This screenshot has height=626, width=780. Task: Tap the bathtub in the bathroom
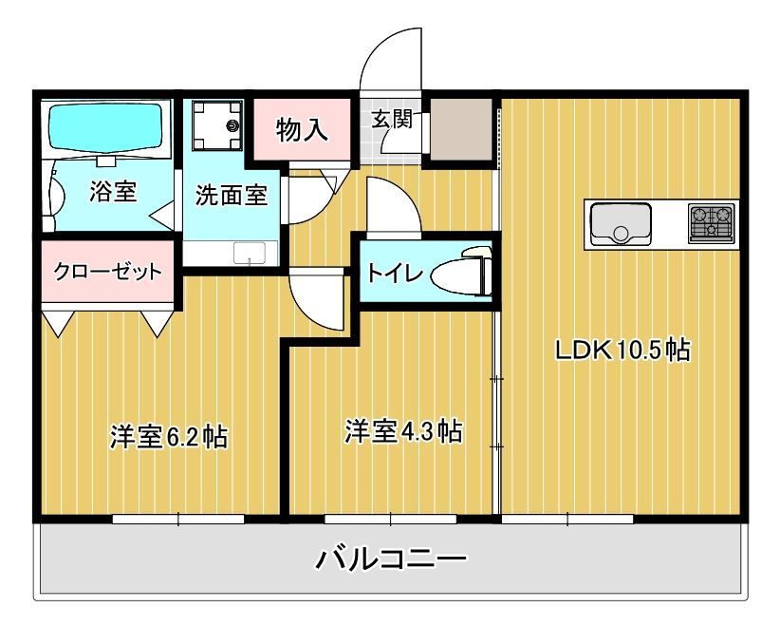pos(106,125)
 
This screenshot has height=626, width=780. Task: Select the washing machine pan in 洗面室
pos(216,124)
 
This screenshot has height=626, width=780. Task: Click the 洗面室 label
pos(231,196)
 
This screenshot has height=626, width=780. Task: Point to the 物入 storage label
pos(302,130)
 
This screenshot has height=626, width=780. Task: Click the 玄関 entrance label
pos(391,120)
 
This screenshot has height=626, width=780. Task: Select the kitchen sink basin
pos(621,224)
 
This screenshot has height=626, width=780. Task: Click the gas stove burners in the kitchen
pos(712,223)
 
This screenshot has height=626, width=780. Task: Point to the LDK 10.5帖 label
pos(622,350)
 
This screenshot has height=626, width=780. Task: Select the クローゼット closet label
pos(107,272)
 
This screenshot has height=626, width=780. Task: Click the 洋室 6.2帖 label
pos(168,438)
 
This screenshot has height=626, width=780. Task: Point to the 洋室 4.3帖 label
pos(402,431)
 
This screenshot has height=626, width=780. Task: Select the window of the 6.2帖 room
pos(178,519)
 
